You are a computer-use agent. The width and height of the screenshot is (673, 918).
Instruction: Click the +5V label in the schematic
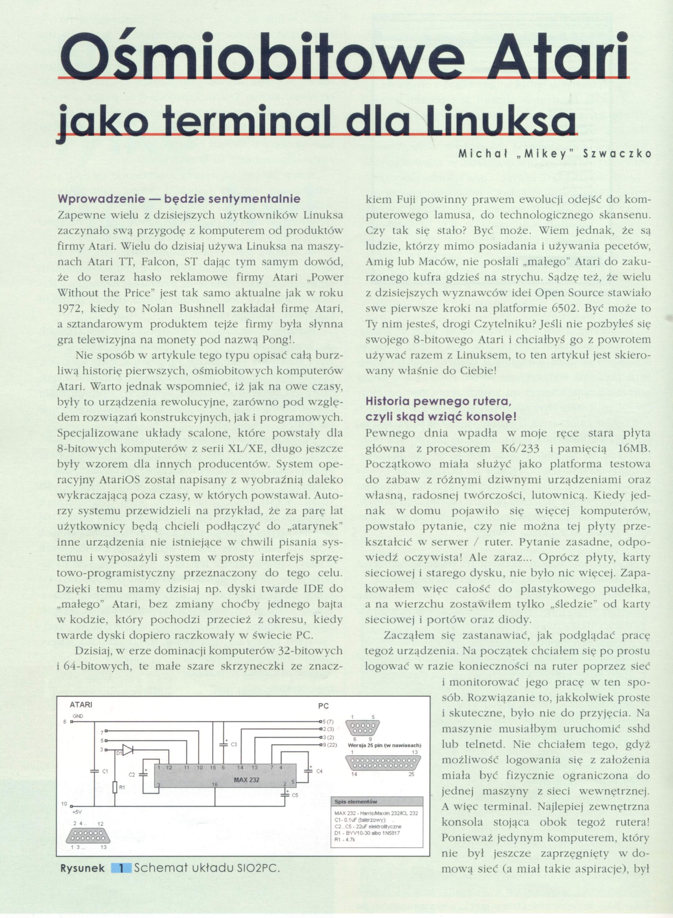pos(77,821)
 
